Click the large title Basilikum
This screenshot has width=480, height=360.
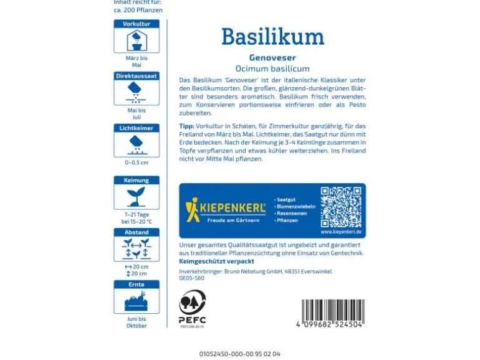pos(272,37)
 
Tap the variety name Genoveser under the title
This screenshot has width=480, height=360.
pos(272,57)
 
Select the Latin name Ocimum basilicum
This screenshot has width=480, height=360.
pos(272,69)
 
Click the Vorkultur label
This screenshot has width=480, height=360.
pos(137,24)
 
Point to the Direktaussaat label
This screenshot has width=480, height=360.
pos(137,76)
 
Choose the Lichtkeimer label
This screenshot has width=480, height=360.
pos(137,128)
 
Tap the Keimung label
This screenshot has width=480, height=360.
pos(137,181)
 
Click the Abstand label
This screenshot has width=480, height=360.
pos(137,232)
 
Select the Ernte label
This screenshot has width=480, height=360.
pos(137,284)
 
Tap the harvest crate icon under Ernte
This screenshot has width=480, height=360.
pos(137,301)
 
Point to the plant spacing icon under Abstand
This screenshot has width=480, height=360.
pos(137,249)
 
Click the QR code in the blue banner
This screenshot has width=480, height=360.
pos(340,207)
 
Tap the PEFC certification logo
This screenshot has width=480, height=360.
pos(192,307)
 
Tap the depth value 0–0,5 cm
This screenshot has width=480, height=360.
pos(137,163)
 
